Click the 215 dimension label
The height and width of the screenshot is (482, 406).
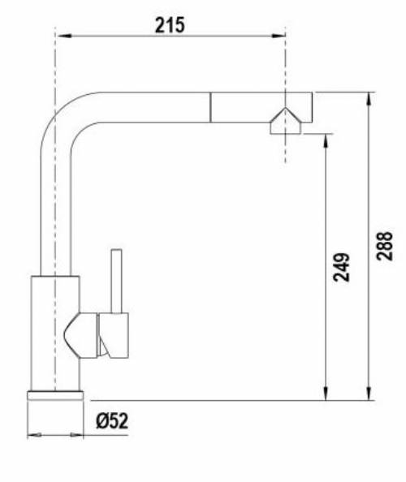(x=170, y=24)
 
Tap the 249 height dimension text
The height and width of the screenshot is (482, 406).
(x=342, y=268)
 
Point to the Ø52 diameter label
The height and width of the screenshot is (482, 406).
(x=111, y=421)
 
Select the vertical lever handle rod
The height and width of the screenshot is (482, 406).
(x=117, y=281)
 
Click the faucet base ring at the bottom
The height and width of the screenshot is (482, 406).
(x=55, y=395)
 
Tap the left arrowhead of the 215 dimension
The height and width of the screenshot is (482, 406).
(x=62, y=35)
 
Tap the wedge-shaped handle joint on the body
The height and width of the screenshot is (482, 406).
(x=80, y=335)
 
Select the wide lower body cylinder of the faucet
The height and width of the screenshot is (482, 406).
(x=55, y=333)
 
